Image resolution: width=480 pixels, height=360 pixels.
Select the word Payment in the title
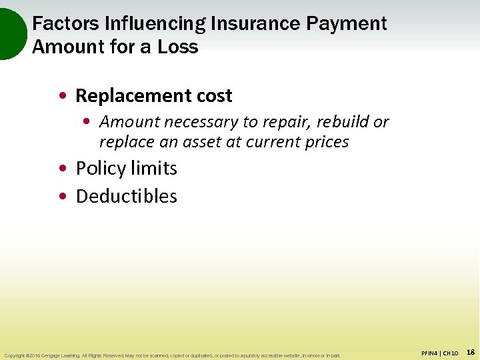click(347, 24)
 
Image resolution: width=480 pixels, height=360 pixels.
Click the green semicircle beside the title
click(12, 33)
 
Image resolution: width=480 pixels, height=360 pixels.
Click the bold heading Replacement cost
click(153, 96)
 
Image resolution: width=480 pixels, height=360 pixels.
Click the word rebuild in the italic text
click(343, 122)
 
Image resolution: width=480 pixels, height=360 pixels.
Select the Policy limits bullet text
click(126, 168)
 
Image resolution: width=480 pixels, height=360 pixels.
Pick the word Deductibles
click(126, 196)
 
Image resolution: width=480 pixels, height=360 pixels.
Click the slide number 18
click(470, 352)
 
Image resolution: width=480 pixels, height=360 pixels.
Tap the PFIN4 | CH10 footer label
click(440, 353)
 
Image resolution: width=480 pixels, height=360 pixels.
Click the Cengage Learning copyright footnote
click(171, 355)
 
